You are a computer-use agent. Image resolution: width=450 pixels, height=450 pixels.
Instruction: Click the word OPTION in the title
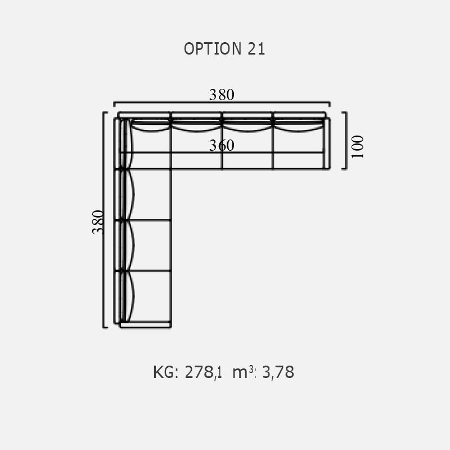point(213,49)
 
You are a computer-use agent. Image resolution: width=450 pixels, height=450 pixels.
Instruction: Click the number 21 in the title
point(256,49)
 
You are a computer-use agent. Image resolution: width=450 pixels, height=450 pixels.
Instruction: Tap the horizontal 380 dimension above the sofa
point(222,94)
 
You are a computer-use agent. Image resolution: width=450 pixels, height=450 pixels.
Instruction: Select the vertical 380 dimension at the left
point(98,222)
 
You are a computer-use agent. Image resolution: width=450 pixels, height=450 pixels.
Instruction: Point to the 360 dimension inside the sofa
point(222,145)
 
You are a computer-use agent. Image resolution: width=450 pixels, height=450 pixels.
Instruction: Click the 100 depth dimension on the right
point(357,147)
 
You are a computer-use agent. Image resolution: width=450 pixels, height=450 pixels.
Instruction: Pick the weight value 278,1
point(203,372)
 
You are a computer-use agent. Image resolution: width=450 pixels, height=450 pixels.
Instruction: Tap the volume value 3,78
point(278,372)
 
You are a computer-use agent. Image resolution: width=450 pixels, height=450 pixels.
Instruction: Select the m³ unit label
point(244,372)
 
